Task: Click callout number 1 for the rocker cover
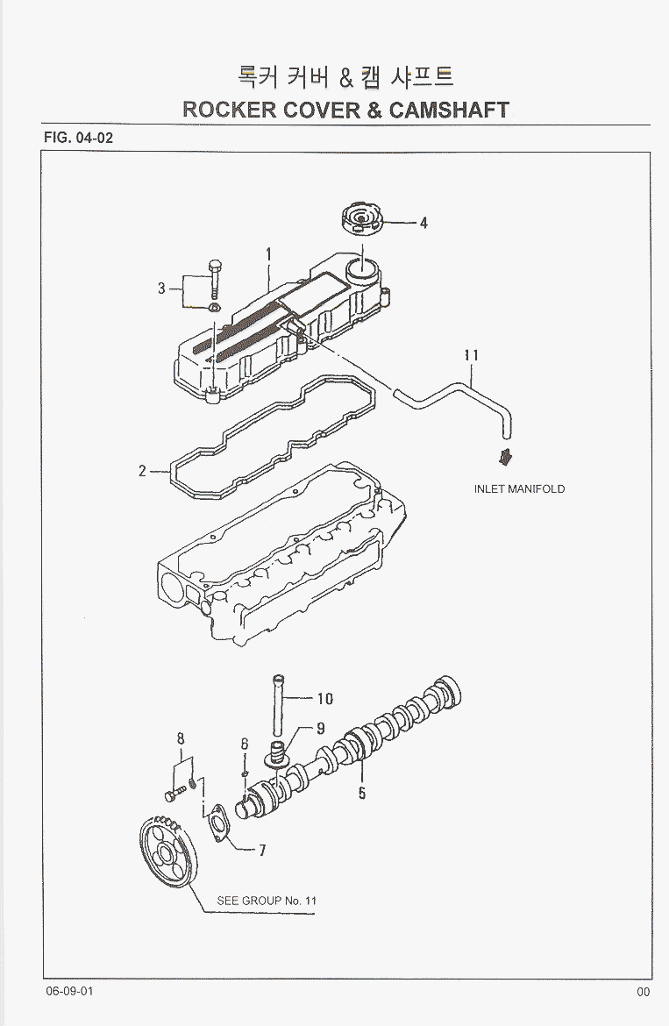coord(268,255)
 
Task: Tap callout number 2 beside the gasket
coord(142,471)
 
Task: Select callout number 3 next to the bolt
coord(161,289)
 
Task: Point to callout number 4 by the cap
coord(423,224)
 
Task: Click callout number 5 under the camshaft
coord(361,794)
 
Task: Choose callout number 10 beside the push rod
coord(324,699)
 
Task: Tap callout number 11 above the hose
coord(471,355)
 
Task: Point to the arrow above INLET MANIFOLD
coord(506,457)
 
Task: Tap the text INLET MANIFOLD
coord(519,489)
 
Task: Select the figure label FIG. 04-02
coord(78,138)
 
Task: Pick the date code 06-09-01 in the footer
coord(70,992)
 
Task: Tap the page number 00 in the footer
coord(643,992)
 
